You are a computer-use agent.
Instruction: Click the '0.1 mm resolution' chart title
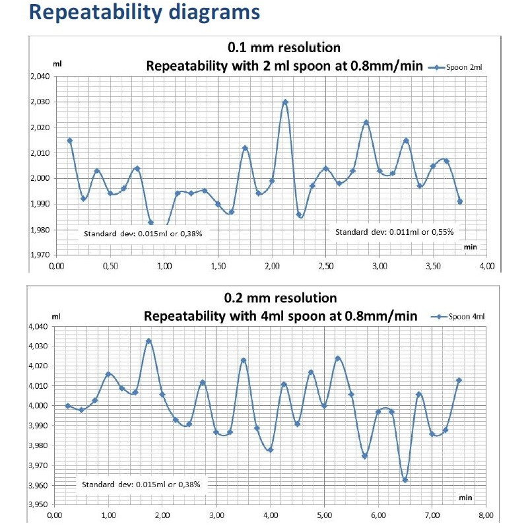click(284, 48)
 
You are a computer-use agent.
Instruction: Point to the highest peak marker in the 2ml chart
click(285, 102)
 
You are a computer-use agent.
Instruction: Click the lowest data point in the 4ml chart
click(405, 480)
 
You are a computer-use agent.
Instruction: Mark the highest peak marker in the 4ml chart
click(148, 341)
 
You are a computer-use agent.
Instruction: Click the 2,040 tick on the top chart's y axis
click(39, 77)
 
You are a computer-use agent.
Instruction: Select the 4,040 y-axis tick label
click(39, 327)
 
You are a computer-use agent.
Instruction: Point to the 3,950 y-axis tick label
click(39, 505)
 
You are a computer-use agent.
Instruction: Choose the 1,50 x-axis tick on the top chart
click(218, 265)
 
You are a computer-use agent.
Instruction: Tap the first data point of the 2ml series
click(70, 141)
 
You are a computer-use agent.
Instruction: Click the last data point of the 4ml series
click(459, 380)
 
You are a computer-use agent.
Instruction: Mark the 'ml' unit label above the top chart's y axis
click(57, 66)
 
